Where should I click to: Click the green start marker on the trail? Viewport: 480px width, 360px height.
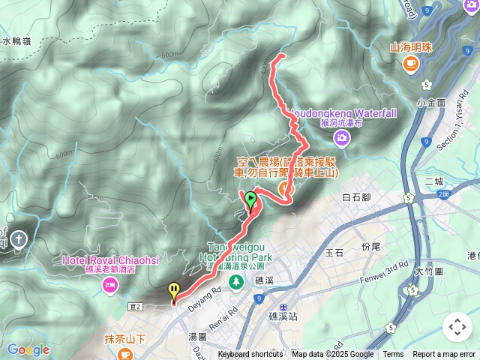250,199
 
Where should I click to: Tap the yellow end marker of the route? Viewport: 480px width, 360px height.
174,290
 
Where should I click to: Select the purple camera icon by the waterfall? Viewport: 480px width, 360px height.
342,137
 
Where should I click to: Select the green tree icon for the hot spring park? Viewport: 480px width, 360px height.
235,281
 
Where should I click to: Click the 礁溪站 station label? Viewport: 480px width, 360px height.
283,316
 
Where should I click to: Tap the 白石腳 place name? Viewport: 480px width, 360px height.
356,197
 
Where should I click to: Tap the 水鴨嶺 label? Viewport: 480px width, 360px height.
19,42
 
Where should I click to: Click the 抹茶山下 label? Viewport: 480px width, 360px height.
124,337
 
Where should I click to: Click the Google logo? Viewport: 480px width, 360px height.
28,350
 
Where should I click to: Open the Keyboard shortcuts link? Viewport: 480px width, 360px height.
250,355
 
